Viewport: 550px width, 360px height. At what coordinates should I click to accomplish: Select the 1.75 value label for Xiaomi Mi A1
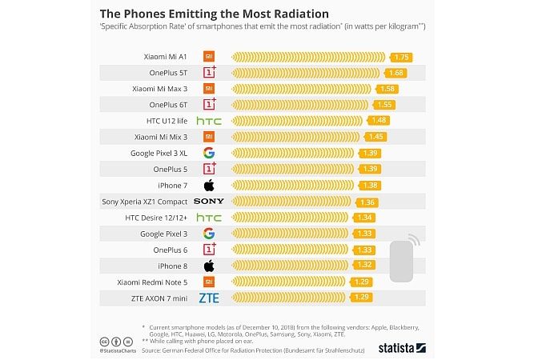tap(401, 57)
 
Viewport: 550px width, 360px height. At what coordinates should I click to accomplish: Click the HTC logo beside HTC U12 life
tap(208, 121)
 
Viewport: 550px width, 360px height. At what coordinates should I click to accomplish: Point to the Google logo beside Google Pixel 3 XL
tap(208, 153)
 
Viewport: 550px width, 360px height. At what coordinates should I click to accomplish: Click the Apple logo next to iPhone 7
tap(208, 185)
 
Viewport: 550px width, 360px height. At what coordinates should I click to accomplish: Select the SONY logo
tap(208, 201)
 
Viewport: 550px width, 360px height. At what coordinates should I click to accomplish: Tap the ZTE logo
tap(208, 298)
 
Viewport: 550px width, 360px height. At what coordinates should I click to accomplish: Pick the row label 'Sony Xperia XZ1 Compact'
tap(145, 201)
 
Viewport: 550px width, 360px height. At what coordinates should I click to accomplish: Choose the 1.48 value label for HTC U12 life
tap(379, 121)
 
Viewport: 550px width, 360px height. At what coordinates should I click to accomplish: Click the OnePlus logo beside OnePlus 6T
tap(210, 104)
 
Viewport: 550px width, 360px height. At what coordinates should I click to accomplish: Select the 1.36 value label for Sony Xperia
tap(368, 202)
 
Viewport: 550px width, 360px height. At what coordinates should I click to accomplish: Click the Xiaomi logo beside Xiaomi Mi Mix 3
tap(208, 137)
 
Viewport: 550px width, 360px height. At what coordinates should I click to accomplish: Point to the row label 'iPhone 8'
tap(172, 266)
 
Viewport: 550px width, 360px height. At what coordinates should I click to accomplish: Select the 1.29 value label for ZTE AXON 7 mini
tap(361, 298)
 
